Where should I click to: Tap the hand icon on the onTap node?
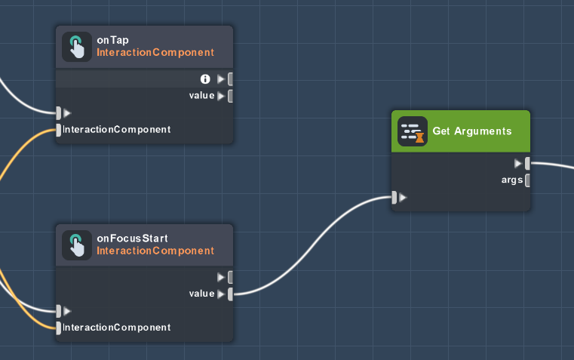(x=76, y=47)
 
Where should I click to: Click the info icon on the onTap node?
(x=204, y=78)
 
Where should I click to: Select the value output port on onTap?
(x=229, y=96)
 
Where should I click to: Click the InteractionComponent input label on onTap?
(x=117, y=130)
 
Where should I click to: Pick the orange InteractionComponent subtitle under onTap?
(x=155, y=53)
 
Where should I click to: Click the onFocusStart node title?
(x=132, y=238)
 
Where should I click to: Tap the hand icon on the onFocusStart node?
(x=76, y=245)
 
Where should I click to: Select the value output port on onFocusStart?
(x=229, y=294)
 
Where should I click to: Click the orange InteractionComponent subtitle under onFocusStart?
(x=155, y=251)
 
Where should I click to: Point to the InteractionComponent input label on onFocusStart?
(x=117, y=328)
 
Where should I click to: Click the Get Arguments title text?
(x=472, y=131)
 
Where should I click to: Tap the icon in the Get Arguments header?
(x=412, y=131)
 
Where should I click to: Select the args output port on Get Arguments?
(x=527, y=180)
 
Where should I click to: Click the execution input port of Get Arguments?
(x=395, y=198)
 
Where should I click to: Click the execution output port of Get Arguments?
(x=527, y=163)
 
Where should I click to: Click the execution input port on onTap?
(x=59, y=113)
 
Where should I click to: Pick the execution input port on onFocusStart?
(x=59, y=310)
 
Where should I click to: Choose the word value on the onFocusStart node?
(x=201, y=294)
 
